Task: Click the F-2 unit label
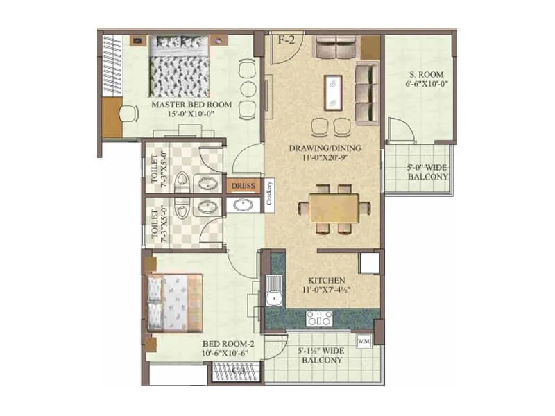click(287, 40)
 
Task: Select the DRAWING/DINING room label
click(323, 148)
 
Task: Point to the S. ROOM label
click(420, 74)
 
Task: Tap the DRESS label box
click(243, 186)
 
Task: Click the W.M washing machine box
click(364, 341)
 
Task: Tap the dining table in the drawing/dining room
click(334, 207)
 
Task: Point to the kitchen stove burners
click(319, 318)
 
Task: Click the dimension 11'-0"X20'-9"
click(323, 159)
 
